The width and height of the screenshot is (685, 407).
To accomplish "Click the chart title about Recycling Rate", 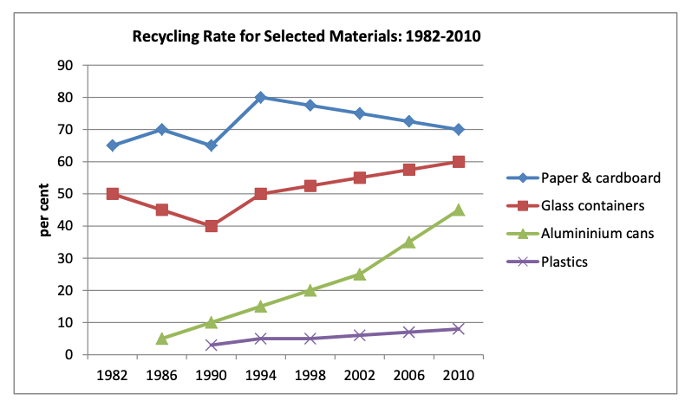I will tap(306, 37).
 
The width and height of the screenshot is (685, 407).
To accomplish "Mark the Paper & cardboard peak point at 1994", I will tap(260, 97).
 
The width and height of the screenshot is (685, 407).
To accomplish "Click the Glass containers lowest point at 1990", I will tap(212, 226).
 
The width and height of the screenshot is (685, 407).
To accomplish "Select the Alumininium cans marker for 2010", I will tap(458, 210).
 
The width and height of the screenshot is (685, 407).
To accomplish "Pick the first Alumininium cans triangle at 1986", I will tap(162, 339).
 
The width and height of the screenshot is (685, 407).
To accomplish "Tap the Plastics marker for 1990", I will tap(212, 345).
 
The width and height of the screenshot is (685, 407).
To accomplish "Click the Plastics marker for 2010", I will tap(458, 329).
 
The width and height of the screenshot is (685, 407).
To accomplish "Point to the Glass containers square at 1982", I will tap(113, 194).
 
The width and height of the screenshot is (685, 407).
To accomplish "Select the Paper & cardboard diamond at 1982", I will tap(113, 145).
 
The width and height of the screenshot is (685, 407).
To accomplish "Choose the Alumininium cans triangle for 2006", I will tap(408, 242).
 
